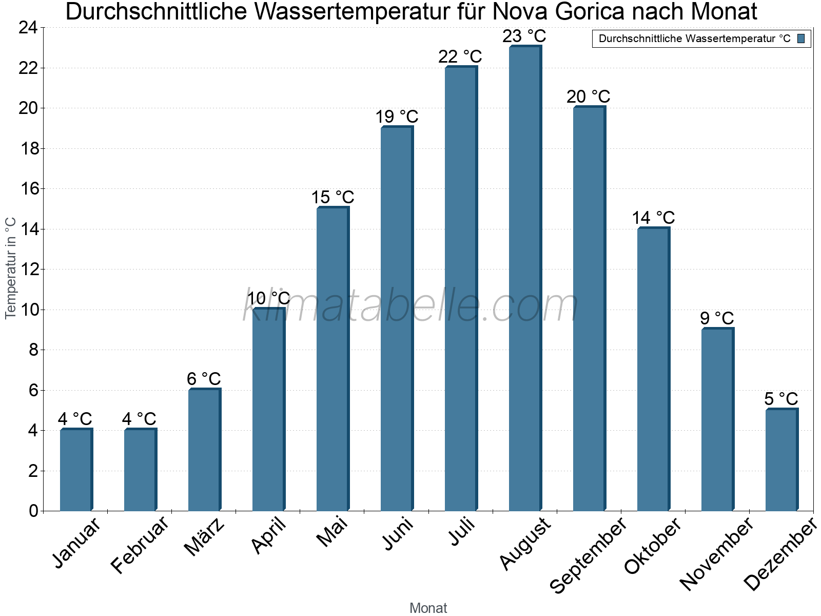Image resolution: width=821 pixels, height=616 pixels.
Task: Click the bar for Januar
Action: point(76,470)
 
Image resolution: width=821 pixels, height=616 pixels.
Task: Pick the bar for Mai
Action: point(333,359)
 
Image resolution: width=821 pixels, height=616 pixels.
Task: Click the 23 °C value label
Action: point(524,36)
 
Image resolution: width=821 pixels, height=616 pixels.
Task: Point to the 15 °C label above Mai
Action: point(333,198)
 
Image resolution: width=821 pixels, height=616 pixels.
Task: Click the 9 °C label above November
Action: point(717,318)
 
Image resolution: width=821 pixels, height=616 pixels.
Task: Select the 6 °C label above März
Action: point(204,379)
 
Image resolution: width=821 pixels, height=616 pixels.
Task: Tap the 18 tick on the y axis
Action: point(29,149)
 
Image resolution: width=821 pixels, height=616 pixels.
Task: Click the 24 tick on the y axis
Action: point(29,28)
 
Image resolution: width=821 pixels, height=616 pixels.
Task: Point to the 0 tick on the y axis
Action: point(34,511)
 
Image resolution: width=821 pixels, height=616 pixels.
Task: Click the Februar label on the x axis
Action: point(140,544)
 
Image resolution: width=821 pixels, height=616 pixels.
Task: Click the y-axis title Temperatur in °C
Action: point(11,268)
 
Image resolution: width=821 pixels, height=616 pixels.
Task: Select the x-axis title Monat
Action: point(428,608)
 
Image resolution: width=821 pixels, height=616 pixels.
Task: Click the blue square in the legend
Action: point(801,38)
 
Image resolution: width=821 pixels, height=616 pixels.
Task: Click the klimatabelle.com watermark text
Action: point(411,306)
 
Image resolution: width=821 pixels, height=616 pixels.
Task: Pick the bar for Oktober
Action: point(653,370)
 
